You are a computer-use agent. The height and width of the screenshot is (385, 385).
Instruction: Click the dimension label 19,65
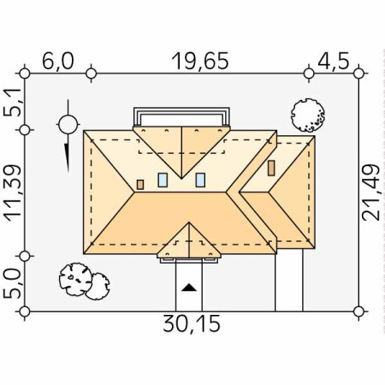[200, 61]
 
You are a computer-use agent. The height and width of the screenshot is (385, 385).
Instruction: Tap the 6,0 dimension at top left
[58, 61]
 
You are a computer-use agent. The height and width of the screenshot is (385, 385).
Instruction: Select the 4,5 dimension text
[333, 61]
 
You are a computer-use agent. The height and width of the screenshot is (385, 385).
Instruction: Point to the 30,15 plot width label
[192, 323]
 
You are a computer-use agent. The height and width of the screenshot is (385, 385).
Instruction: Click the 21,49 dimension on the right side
[371, 192]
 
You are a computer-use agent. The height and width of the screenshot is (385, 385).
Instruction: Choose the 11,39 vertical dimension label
[13, 193]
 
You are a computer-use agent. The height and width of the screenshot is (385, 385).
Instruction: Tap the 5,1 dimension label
[13, 102]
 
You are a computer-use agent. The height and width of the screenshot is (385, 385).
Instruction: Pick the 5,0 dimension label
[13, 284]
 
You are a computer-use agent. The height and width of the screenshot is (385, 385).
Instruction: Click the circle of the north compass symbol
[68, 125]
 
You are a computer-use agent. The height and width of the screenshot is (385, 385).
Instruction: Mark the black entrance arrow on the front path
[189, 287]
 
